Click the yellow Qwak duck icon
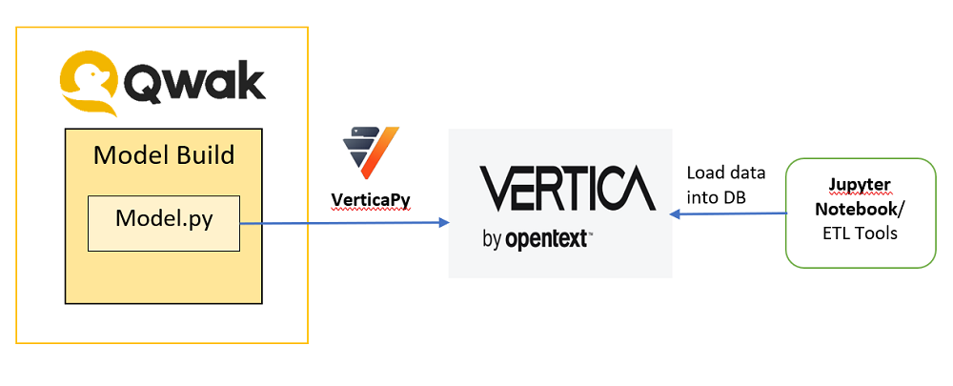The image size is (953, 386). pos(88,83)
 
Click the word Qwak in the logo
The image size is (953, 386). pos(193,83)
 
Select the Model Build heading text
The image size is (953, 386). pos(164,155)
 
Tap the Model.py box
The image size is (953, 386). pos(164,223)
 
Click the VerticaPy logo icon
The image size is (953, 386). pos(370,152)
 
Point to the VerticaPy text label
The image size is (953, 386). pos(370,199)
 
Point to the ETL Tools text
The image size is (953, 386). pos(860,233)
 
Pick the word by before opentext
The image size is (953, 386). pos(491,239)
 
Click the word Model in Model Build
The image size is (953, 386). pos(130,155)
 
